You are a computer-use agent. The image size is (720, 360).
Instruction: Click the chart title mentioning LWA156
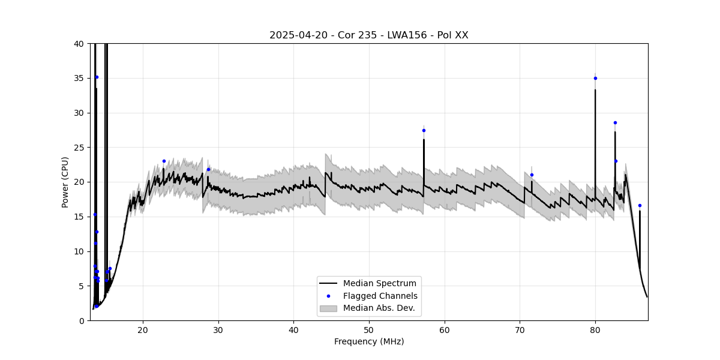click(x=368, y=35)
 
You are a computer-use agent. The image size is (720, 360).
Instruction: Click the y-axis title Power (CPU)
click(x=65, y=182)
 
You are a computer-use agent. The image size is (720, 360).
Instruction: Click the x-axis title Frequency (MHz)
click(x=368, y=341)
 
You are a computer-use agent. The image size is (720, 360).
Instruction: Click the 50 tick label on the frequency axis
click(x=368, y=329)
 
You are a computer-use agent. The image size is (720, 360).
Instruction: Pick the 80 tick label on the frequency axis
click(x=595, y=329)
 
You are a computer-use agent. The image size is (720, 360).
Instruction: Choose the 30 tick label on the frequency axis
click(x=218, y=329)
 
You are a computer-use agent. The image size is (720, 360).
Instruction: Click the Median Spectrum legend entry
click(x=379, y=283)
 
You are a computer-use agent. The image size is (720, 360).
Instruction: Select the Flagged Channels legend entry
click(x=380, y=296)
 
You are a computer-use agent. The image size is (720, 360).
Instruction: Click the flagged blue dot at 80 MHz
click(x=595, y=78)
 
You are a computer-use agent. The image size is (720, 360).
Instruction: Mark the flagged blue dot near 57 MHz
click(x=424, y=130)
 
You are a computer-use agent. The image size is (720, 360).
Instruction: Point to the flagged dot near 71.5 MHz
click(x=532, y=175)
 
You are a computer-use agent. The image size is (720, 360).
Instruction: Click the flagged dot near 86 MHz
click(x=640, y=205)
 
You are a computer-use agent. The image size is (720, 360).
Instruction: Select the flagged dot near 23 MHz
click(x=164, y=161)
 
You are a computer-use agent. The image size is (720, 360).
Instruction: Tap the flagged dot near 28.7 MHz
click(x=208, y=169)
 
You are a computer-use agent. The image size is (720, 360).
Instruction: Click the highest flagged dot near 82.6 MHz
click(x=615, y=122)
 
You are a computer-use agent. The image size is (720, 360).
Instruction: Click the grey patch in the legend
click(x=328, y=308)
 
